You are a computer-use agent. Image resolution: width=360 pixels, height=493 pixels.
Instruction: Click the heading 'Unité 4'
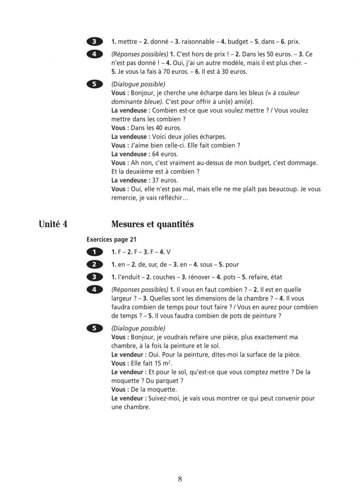tap(53, 224)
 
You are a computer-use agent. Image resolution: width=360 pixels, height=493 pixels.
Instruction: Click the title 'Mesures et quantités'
tap(152, 224)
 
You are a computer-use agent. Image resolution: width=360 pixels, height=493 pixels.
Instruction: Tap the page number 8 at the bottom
tap(180, 479)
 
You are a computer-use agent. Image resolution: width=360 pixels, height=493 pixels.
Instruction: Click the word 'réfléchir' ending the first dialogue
tap(172, 198)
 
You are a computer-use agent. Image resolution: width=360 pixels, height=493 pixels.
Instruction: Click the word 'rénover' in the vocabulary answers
tap(198, 277)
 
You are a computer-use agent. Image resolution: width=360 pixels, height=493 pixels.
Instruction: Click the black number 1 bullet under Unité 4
tap(94, 252)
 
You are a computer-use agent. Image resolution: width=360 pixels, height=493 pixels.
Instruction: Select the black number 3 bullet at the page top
tap(94, 42)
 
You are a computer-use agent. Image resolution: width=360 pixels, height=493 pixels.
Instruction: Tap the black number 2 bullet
tap(94, 265)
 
